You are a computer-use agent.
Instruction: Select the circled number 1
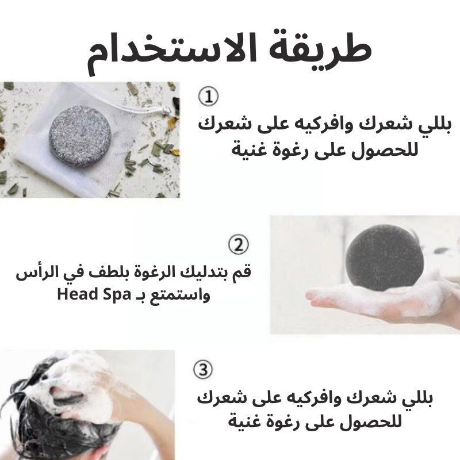pos(208,96)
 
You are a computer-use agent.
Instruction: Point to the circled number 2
pos(238,244)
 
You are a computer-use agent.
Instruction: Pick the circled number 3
pos(203,369)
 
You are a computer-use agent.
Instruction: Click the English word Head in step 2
pos(77,294)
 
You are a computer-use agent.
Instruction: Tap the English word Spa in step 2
pos(117,295)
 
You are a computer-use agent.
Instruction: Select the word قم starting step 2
pos(243,271)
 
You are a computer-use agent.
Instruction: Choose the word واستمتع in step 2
pos(180,296)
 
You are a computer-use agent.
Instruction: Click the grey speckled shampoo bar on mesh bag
pos(80,136)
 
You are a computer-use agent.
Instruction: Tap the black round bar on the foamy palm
pos(384,259)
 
